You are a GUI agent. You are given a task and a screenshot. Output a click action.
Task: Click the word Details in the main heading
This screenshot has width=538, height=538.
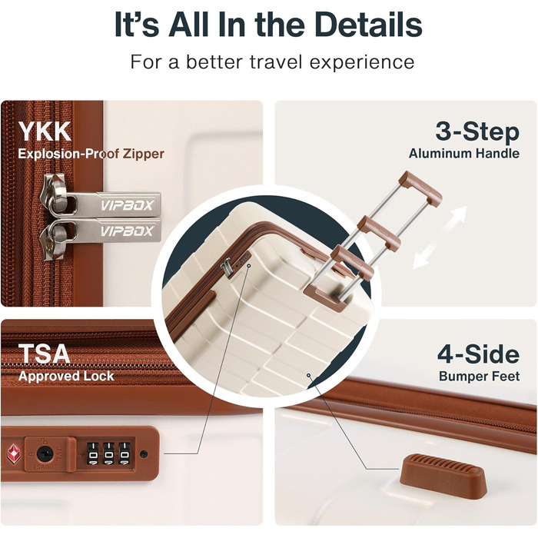click(368, 25)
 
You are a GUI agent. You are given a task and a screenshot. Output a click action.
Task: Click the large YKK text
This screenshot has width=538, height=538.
click(45, 131)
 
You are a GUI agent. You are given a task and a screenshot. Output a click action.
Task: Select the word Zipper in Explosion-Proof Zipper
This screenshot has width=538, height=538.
click(144, 154)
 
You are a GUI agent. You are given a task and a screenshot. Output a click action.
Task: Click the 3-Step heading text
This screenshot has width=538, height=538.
click(477, 132)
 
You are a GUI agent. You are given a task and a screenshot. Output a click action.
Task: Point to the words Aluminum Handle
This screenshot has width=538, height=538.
click(464, 154)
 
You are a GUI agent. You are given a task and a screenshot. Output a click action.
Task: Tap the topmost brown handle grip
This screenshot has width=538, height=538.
click(421, 188)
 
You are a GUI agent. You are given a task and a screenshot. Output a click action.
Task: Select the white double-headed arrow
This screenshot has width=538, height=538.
click(440, 237)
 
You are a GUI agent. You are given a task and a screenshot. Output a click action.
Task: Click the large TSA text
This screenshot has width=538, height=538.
click(44, 354)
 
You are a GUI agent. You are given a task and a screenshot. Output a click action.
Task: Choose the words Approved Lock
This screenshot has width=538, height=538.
click(66, 377)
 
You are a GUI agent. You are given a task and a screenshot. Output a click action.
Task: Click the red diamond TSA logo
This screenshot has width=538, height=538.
click(14, 453)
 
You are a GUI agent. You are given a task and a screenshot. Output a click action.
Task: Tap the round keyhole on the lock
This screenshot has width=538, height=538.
click(45, 454)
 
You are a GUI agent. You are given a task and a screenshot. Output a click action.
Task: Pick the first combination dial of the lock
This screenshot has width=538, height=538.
click(93, 453)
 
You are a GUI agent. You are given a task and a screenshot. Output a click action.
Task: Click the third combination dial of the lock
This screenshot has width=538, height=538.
click(125, 453)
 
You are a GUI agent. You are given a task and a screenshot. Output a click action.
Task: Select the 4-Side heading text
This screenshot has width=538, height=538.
click(478, 354)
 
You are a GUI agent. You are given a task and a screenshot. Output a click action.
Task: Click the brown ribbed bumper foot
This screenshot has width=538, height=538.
click(443, 475)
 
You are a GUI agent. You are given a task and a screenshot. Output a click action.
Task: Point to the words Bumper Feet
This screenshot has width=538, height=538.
click(479, 377)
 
